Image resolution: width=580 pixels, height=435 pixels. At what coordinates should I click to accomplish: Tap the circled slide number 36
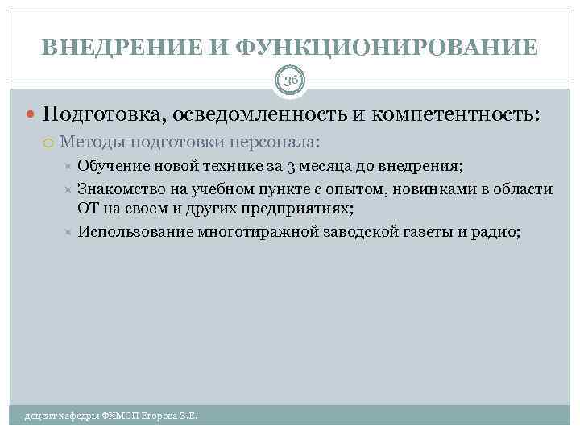coord(290,80)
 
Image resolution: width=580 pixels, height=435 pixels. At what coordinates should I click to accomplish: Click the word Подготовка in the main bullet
coord(101,114)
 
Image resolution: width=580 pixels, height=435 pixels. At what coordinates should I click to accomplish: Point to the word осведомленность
coord(259,114)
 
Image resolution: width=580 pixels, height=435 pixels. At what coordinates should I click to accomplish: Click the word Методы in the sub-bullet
coord(88,143)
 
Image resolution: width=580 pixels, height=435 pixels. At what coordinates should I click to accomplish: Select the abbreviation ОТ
coord(88,209)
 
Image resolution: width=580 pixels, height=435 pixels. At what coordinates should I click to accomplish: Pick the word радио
coord(501,232)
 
